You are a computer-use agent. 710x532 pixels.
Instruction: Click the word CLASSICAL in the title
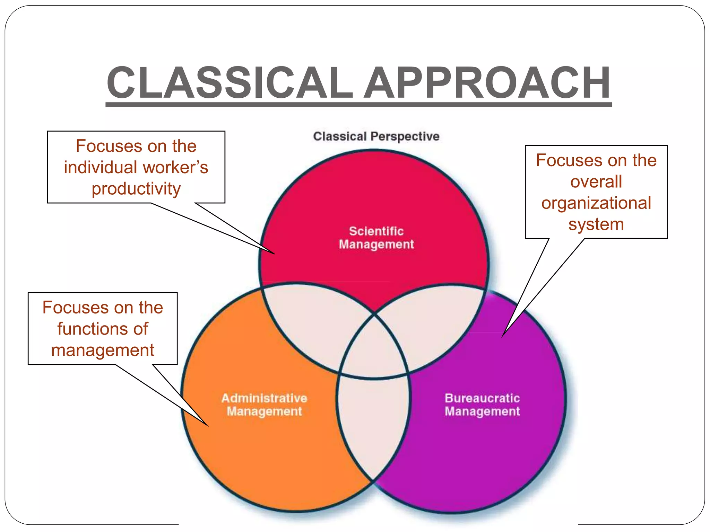tap(229, 83)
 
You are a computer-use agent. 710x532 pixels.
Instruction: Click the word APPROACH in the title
tap(487, 83)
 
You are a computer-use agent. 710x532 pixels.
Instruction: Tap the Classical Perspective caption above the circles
tap(376, 136)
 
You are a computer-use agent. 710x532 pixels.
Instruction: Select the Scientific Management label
tap(376, 238)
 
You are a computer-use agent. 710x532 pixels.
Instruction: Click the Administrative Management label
tap(264, 405)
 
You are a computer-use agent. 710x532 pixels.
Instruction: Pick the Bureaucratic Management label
tap(482, 405)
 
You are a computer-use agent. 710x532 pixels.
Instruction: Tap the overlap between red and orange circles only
tap(312, 326)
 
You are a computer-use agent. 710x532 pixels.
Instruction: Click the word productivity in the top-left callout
tap(136, 189)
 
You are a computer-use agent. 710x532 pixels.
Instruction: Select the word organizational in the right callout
tap(596, 203)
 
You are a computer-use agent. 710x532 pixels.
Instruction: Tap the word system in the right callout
tap(596, 224)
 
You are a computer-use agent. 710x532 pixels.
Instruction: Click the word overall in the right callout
tap(596, 182)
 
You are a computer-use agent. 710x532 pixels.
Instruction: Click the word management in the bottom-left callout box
tap(103, 350)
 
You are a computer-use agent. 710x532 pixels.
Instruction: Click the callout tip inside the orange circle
tap(207, 425)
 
